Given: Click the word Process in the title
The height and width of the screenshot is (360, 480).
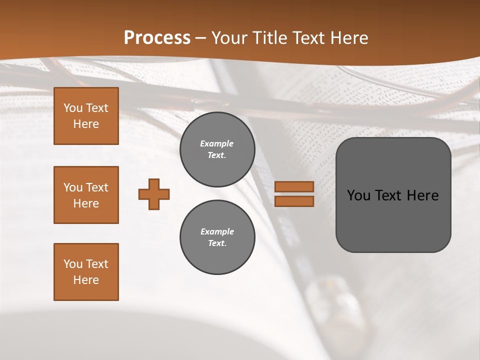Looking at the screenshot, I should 157,37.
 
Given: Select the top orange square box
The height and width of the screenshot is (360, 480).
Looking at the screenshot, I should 86,116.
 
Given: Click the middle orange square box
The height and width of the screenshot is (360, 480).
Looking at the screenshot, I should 86,195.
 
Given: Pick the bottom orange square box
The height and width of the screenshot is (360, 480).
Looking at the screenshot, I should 86,272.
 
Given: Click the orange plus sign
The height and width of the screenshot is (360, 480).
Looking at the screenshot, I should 154,194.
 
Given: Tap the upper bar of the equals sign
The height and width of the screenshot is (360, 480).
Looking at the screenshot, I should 294,186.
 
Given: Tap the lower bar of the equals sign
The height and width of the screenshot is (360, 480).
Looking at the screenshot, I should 294,201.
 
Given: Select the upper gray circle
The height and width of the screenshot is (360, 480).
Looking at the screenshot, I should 217,149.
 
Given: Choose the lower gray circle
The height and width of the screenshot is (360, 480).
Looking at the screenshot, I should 217,237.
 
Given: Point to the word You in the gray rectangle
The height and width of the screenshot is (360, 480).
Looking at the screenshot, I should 358,195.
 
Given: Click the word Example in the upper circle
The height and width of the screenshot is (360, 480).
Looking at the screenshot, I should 216,143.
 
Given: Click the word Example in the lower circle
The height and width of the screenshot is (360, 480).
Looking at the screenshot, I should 217,231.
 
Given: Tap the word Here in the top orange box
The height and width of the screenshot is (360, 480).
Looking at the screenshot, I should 86,124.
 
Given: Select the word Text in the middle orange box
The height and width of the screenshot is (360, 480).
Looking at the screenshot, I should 97,187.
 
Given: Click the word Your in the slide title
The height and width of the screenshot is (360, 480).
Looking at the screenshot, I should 230,37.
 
